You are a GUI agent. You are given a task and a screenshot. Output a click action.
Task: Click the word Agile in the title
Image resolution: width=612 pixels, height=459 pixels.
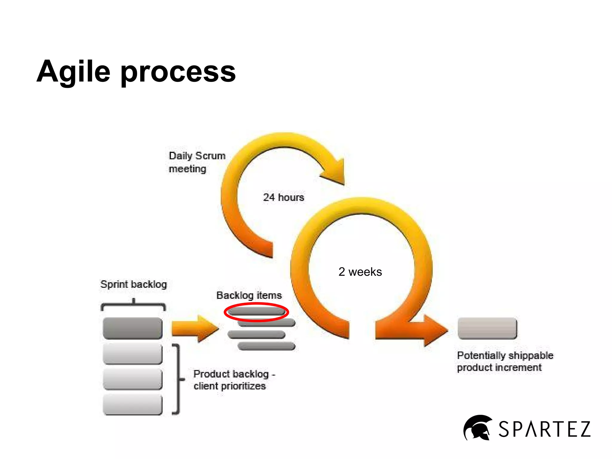(x=74, y=72)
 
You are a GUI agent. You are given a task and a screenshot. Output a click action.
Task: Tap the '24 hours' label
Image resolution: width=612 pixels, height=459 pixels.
(x=283, y=197)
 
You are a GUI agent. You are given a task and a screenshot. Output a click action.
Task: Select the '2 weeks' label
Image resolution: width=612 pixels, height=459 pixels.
(x=360, y=272)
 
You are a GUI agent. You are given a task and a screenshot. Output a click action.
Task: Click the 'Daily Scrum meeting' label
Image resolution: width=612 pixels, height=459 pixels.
(x=196, y=162)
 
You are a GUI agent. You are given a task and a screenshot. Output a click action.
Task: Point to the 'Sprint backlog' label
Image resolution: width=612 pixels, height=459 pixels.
(x=134, y=284)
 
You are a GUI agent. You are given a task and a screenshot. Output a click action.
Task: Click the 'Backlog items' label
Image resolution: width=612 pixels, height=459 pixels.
(x=249, y=295)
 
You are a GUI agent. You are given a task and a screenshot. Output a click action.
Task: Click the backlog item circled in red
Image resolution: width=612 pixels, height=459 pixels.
(x=256, y=312)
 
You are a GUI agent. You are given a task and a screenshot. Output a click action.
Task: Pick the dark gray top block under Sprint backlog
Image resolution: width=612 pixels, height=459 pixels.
(x=132, y=328)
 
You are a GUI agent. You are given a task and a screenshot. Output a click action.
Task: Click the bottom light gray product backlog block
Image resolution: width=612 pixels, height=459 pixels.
(x=132, y=404)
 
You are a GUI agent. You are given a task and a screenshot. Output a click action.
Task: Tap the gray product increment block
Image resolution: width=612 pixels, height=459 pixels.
(x=487, y=328)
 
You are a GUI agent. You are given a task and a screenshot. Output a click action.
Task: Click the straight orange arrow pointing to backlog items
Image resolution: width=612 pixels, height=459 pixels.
(x=194, y=328)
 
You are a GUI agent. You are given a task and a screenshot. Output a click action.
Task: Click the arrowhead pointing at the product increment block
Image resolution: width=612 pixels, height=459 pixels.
(x=435, y=330)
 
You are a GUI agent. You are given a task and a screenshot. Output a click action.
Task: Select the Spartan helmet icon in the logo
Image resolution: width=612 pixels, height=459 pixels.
(x=477, y=428)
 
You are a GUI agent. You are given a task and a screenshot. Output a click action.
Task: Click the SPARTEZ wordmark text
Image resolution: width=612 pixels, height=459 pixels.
(x=544, y=429)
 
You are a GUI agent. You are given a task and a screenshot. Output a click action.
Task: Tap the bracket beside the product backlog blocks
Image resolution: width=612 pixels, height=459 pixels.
(x=178, y=380)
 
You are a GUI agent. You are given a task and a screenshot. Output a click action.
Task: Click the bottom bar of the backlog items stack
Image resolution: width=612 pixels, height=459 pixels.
(x=266, y=346)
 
